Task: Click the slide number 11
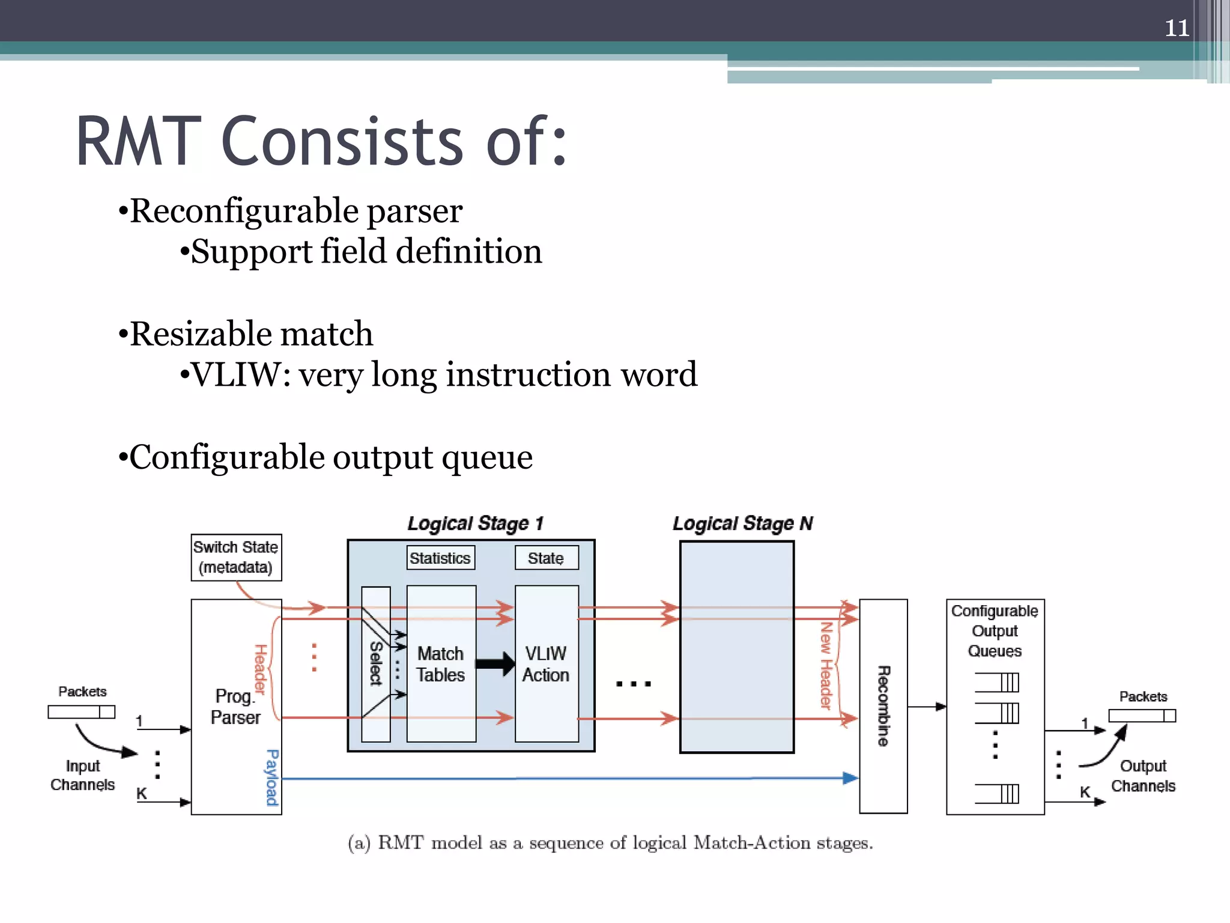[1177, 28]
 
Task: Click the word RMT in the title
[139, 142]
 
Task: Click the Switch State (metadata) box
[236, 557]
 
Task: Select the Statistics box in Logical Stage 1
[440, 558]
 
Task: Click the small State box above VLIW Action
[546, 558]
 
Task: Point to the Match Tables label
[441, 664]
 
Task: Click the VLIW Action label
[545, 664]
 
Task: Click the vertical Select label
[376, 663]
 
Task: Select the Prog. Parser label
[235, 707]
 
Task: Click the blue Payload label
[272, 777]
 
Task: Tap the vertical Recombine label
[883, 706]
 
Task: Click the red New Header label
[826, 665]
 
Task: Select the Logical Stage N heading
[742, 523]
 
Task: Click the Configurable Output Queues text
[995, 631]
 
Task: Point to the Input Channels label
[83, 775]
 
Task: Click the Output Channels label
[1143, 776]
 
